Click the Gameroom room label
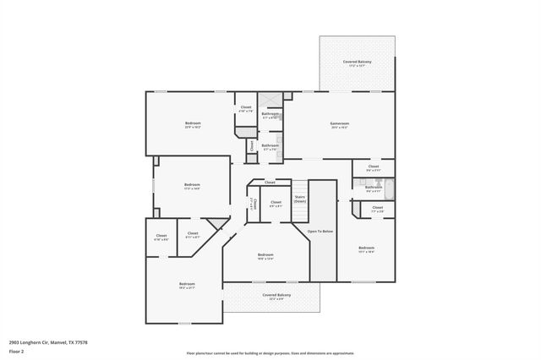(x=339, y=125)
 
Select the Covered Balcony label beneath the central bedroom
(x=272, y=296)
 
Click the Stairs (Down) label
(x=300, y=199)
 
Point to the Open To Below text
(x=320, y=231)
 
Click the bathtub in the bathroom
(x=390, y=189)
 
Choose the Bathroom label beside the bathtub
(x=374, y=188)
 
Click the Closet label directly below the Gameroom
(x=374, y=167)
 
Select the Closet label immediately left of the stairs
(x=276, y=203)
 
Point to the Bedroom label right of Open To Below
(x=366, y=248)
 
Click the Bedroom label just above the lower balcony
(x=265, y=256)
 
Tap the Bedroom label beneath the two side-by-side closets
(x=187, y=285)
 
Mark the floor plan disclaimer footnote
(x=270, y=352)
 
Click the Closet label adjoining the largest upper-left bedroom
(x=246, y=108)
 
